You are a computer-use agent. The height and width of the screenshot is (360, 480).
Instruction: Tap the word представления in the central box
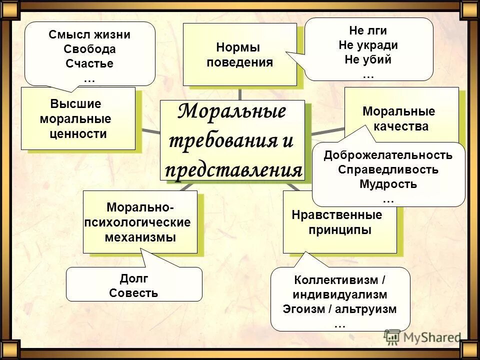[x=233, y=170]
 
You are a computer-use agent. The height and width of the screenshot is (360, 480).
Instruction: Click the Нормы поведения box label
[x=239, y=55]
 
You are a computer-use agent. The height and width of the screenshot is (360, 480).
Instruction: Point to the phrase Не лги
[x=368, y=30]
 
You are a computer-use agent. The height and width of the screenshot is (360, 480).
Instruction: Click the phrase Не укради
[x=368, y=45]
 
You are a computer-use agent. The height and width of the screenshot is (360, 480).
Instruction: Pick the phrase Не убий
[x=368, y=59]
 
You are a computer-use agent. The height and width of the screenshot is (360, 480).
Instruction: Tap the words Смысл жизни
[x=89, y=35]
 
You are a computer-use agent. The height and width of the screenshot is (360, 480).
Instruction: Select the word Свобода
[x=89, y=49]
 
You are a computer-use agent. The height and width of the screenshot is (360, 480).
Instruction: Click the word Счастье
[x=89, y=64]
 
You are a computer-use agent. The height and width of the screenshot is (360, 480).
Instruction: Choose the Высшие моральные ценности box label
[x=77, y=119]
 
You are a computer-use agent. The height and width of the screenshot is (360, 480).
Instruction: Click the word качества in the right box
[x=401, y=126]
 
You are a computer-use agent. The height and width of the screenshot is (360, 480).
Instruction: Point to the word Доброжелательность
[x=388, y=155]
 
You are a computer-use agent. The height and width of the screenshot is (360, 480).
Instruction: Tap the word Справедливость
[x=388, y=169]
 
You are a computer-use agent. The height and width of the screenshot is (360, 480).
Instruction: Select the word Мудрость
[x=388, y=184]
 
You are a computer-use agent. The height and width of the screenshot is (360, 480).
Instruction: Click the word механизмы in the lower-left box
[x=140, y=237]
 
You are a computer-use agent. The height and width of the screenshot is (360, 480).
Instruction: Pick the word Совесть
[x=133, y=293]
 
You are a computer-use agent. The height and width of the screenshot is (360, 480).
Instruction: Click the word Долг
[x=133, y=278]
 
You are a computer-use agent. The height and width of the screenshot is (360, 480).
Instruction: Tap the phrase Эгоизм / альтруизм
[x=339, y=309]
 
